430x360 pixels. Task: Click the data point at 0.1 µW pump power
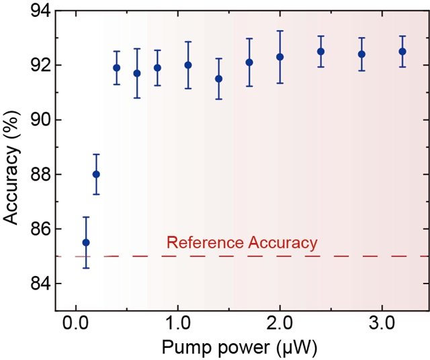[86, 242]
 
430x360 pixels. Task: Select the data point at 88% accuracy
[96, 174]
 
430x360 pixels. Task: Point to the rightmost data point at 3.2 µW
[402, 51]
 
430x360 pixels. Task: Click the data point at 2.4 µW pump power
[320, 51]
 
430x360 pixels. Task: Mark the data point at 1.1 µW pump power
[188, 65]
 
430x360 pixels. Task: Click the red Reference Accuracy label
[241, 242]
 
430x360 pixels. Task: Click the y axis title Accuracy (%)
[11, 160]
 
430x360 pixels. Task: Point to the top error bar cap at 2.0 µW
[279, 31]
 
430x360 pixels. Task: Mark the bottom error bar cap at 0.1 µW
[86, 268]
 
